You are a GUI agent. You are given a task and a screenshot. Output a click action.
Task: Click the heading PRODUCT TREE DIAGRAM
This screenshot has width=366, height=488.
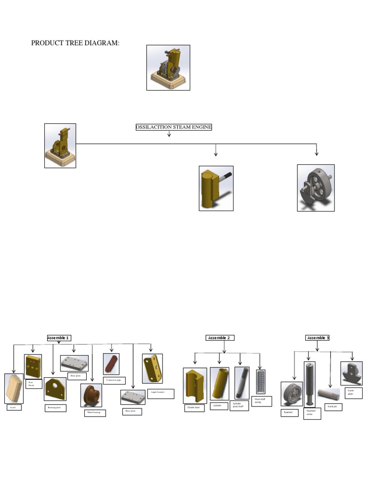(x=75, y=43)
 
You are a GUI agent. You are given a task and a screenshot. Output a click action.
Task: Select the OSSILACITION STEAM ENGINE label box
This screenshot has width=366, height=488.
(x=173, y=127)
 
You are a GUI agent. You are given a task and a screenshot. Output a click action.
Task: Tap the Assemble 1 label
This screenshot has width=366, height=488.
(x=59, y=338)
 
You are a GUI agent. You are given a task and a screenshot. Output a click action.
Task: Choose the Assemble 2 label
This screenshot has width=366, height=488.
(x=220, y=338)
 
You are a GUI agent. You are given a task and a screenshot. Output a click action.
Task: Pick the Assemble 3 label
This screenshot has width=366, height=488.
(x=318, y=338)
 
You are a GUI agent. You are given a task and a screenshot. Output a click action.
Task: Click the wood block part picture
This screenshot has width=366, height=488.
(x=13, y=388)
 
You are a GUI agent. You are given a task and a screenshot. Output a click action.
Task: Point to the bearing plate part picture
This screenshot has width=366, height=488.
(x=55, y=389)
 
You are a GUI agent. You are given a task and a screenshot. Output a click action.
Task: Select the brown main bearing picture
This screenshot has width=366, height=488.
(x=91, y=395)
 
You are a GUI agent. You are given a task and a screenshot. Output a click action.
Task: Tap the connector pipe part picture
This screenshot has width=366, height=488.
(x=111, y=364)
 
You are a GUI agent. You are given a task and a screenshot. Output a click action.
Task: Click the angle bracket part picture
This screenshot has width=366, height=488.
(x=152, y=368)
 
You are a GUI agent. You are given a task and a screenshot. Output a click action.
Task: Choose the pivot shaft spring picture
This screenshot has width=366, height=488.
(x=261, y=381)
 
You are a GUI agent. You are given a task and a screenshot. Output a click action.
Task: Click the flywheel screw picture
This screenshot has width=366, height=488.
(x=309, y=382)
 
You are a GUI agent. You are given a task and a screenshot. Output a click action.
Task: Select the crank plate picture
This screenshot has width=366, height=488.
(x=351, y=373)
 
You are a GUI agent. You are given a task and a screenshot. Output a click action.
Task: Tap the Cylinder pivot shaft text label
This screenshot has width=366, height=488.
(x=239, y=405)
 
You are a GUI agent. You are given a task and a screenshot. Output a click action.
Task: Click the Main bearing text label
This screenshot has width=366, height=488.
(x=94, y=413)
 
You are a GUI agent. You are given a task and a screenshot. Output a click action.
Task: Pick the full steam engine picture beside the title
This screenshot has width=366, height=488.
(x=168, y=68)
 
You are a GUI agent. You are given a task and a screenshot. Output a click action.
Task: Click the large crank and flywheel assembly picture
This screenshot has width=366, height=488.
(x=316, y=188)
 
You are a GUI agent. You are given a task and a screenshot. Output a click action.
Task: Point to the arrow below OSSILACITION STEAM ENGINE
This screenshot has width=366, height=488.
(x=169, y=134)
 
